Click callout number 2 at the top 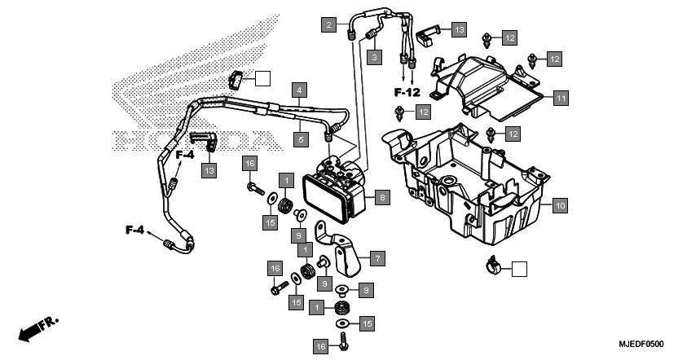pos(328,24)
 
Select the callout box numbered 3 pos(374,57)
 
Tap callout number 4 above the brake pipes pos(300,89)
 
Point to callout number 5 pos(300,140)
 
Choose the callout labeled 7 pos(376,258)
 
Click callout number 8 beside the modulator pos(383,197)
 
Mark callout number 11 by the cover pos(560,98)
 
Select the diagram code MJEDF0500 pos(641,345)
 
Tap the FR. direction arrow pos(37,331)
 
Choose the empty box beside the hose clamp pos(518,267)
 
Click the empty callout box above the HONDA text pos(262,78)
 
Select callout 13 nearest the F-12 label pos(459,29)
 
